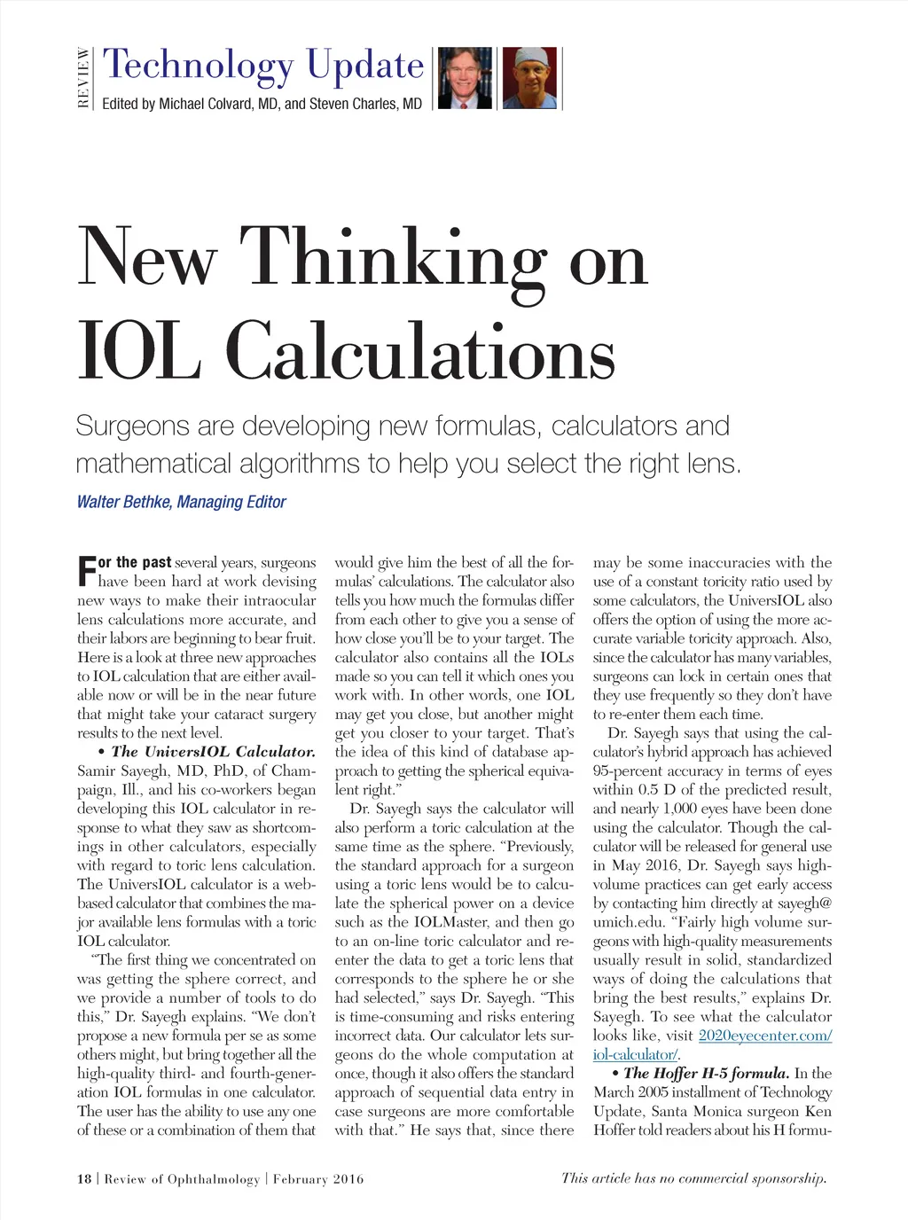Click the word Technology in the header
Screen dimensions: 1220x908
[x=197, y=66]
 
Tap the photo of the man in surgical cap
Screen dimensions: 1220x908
[x=529, y=78]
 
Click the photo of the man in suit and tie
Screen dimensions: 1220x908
[x=465, y=78]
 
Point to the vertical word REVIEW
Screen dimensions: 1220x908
[x=83, y=78]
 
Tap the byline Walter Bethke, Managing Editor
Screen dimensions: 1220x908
[x=181, y=502]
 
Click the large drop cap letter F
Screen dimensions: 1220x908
[x=86, y=571]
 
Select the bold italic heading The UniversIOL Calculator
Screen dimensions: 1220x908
[x=213, y=752]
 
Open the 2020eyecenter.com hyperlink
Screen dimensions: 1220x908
[x=764, y=1036]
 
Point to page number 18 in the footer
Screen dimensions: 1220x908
[x=84, y=1179]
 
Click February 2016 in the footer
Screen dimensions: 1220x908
[x=318, y=1179]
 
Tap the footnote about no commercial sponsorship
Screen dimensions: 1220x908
[x=693, y=1178]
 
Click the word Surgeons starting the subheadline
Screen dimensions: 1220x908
[x=133, y=426]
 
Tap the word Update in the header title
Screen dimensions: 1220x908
[x=364, y=66]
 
